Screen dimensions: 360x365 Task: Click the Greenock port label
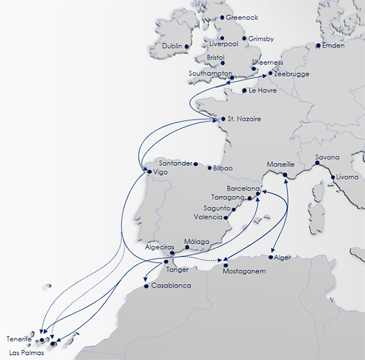point(242,18)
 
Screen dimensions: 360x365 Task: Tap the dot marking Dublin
point(186,46)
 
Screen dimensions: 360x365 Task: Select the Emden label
point(335,46)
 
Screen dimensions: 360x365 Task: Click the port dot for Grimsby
point(245,39)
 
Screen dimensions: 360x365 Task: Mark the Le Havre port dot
point(245,91)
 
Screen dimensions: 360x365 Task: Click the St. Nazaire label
point(244,119)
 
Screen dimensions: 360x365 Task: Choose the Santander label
point(175,164)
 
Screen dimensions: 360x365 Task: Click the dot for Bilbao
point(209,168)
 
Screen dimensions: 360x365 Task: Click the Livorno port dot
point(332,178)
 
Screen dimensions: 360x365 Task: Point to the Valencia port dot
point(226,217)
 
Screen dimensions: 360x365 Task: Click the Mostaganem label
point(245,272)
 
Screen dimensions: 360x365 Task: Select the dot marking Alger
point(270,258)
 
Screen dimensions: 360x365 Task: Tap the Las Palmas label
point(27,352)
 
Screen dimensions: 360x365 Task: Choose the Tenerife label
point(19,338)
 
